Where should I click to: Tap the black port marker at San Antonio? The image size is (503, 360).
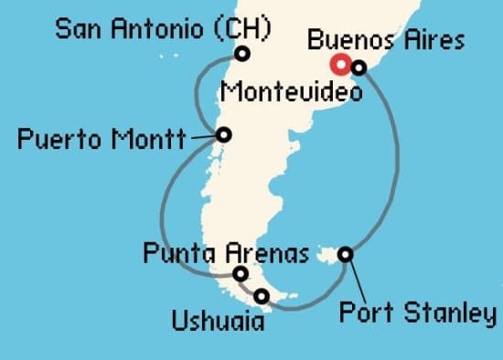[241, 54]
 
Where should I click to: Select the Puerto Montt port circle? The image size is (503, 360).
[224, 135]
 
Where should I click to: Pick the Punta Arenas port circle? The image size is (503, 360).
[240, 273]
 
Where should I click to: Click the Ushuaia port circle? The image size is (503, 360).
[262, 296]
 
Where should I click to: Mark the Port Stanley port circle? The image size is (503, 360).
[346, 254]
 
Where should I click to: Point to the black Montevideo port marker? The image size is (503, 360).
[359, 67]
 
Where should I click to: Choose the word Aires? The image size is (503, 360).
[433, 40]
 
